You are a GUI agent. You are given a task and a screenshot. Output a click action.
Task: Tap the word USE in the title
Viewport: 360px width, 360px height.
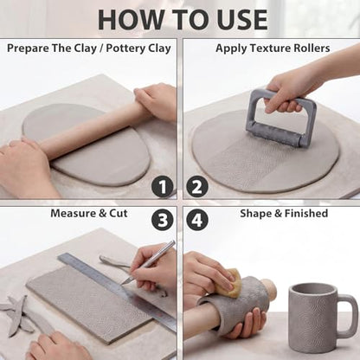pos(241,20)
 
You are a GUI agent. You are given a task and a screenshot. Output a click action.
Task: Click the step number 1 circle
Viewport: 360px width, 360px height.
pos(163,187)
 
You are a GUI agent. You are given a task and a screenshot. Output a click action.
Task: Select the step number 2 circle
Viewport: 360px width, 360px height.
pos(197,187)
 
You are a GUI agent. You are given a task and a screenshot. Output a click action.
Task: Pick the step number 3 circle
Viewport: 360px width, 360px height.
pos(163,220)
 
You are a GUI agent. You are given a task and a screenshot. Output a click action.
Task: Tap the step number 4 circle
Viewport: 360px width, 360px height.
pos(197,220)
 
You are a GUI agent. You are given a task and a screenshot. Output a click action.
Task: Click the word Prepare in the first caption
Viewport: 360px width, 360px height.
pos(28,48)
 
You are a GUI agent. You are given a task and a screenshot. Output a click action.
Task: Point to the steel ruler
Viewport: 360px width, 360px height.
pos(117,292)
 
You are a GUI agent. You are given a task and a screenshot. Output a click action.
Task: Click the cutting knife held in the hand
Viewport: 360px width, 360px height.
pos(149,262)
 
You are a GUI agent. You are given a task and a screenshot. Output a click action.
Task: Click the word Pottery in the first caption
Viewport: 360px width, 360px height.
pos(125,48)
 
